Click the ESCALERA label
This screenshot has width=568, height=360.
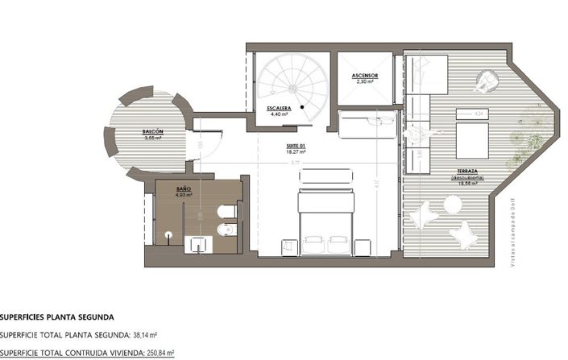[280, 108]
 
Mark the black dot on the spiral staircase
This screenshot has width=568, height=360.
[302, 106]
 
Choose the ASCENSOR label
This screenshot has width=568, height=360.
[365, 75]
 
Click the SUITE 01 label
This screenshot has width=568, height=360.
[296, 146]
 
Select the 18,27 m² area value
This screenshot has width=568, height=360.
[296, 152]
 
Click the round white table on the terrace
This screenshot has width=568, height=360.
[450, 205]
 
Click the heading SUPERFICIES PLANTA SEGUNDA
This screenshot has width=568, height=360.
[57, 317]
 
